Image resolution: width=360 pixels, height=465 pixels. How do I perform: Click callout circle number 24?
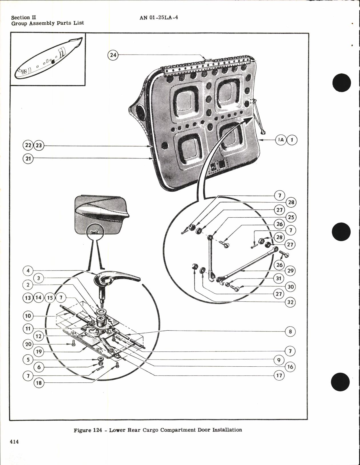pos(113,55)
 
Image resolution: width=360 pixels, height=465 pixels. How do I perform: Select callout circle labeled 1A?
pos(281,140)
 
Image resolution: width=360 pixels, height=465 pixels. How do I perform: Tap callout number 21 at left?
pos(28,158)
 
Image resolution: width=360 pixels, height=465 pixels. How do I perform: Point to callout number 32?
pos(290,302)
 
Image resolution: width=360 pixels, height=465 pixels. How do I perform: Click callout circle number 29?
pos(291,271)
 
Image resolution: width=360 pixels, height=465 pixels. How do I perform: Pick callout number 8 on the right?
pos(290,331)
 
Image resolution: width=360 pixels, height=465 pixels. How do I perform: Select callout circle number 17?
pos(279,375)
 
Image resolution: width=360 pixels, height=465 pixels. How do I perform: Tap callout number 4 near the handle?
pos(28,271)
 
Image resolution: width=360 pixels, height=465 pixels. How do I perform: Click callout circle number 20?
pos(28,344)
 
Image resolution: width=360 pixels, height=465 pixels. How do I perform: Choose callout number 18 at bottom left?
pos(39,383)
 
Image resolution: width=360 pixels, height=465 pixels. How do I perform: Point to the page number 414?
pos(14,442)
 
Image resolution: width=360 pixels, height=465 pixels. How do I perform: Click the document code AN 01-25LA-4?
pos(159,17)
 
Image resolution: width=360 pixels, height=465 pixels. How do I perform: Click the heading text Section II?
pos(23,17)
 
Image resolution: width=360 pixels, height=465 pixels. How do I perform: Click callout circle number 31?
pos(279,278)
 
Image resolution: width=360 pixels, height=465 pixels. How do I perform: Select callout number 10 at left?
pos(28,316)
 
